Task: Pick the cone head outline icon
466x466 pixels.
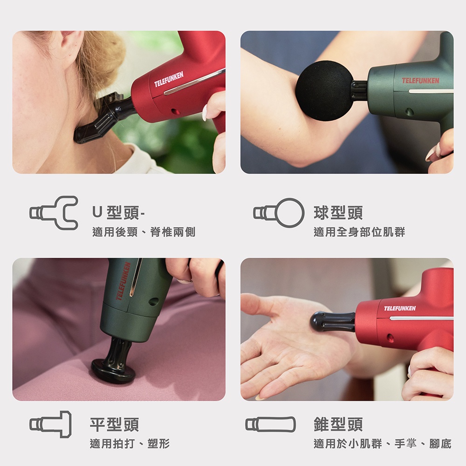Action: click(270, 424)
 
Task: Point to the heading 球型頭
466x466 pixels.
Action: click(338, 213)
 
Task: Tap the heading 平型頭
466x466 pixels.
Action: click(115, 424)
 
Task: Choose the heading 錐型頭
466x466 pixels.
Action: click(338, 424)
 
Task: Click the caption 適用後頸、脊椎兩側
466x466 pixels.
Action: click(144, 232)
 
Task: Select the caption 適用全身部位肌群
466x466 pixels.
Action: click(359, 232)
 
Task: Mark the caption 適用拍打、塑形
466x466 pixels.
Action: click(130, 444)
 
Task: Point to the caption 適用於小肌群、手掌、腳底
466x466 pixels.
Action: click(383, 444)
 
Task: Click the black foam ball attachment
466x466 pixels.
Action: click(324, 90)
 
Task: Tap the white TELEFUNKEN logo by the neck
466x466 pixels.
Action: click(169, 79)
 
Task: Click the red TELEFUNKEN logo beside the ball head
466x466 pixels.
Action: click(420, 81)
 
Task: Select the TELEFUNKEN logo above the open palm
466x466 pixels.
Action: click(400, 308)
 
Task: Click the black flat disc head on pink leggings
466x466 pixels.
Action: click(110, 370)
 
